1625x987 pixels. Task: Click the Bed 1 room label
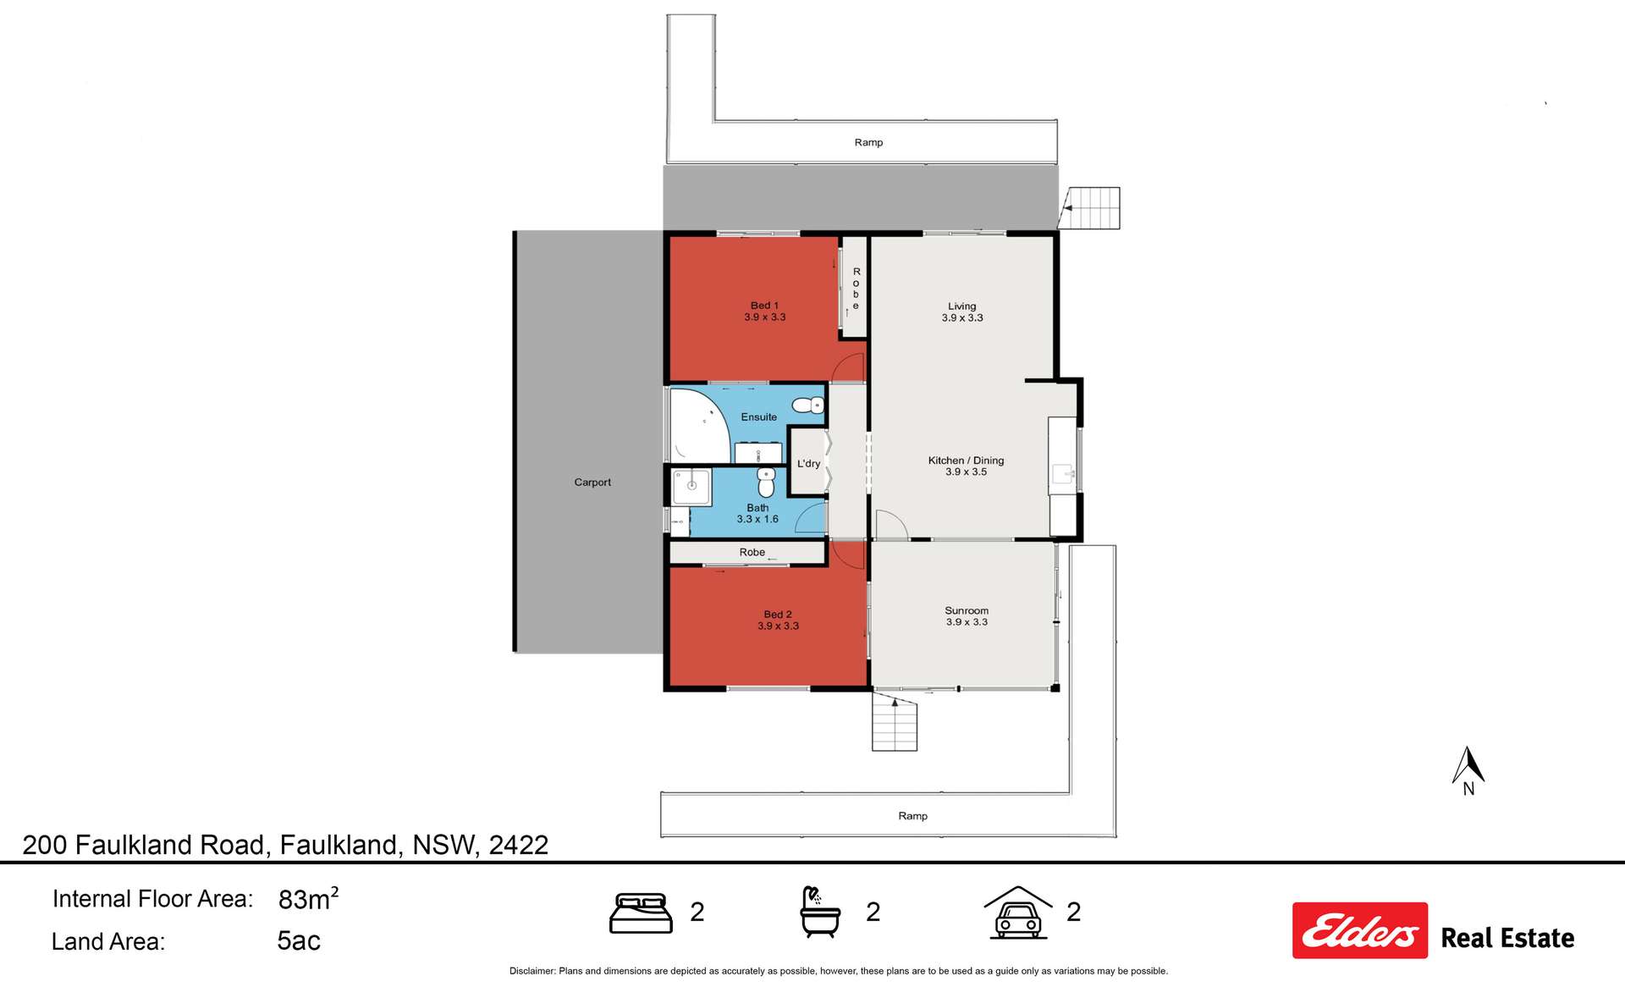pos(764,311)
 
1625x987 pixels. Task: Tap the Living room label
pos(962,312)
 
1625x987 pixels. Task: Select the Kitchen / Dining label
pos(966,466)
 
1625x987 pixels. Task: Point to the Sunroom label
pos(967,615)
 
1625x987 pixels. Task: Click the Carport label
pos(592,482)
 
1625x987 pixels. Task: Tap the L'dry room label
pos(808,464)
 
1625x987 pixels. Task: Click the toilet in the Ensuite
pos(808,405)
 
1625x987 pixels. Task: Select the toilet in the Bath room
pos(766,482)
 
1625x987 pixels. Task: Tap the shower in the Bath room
pos(691,487)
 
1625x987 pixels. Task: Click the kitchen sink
pos(1061,474)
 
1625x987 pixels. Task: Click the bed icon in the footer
pos(641,913)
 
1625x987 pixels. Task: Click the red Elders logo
pos(1359,930)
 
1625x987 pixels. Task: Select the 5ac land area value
pos(299,940)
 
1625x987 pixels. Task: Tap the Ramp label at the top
pos(868,142)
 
